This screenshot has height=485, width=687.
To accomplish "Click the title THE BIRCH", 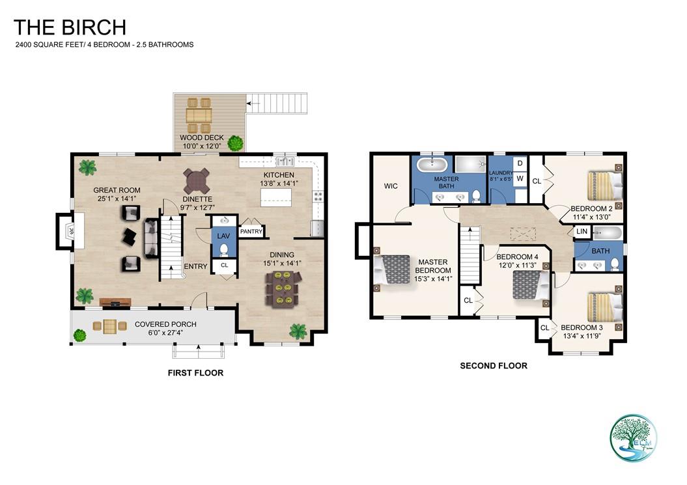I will pyautogui.click(x=70, y=27).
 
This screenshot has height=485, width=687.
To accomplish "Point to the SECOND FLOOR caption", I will pyautogui.click(x=494, y=366).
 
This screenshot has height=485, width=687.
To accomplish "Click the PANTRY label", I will pyautogui.click(x=251, y=231).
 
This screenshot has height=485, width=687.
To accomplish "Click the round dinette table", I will pyautogui.click(x=197, y=178).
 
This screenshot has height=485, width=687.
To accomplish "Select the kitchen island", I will pyautogui.click(x=277, y=200).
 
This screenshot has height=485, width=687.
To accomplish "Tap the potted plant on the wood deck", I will pyautogui.click(x=235, y=143).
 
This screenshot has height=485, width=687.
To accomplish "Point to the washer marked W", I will pyautogui.click(x=520, y=178).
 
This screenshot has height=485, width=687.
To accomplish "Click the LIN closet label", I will pyautogui.click(x=582, y=232).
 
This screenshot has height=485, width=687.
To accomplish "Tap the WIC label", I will pyautogui.click(x=391, y=186).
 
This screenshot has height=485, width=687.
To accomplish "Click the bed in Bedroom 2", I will pyautogui.click(x=605, y=185).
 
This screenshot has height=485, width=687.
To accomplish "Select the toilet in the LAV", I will pyautogui.click(x=225, y=249).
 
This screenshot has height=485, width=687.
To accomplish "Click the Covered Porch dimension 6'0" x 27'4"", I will pyautogui.click(x=165, y=334).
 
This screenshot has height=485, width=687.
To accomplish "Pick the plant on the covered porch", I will pyautogui.click(x=79, y=335).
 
